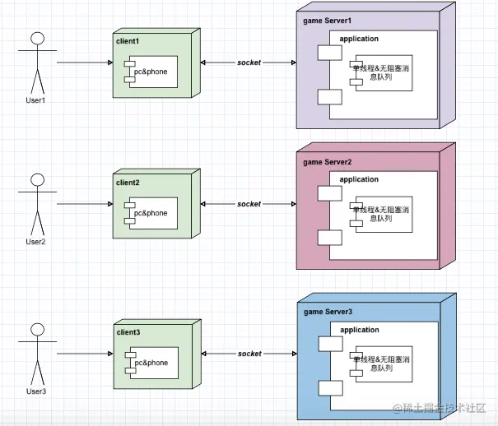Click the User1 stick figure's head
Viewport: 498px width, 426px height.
pos(35,38)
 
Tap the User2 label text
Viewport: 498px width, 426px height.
pos(35,241)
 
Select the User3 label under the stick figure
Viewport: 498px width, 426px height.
pos(35,391)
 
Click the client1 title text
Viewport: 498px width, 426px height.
pos(128,40)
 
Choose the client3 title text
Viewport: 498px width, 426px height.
pos(128,331)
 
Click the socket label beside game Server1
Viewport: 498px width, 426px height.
pos(249,63)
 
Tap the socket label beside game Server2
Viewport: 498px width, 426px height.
pos(249,203)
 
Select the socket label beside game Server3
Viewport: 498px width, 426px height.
pos(249,354)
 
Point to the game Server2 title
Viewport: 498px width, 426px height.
pos(328,162)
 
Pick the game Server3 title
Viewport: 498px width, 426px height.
pos(328,312)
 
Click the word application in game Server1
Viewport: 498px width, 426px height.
pos(359,38)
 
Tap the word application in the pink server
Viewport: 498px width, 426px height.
pos(359,179)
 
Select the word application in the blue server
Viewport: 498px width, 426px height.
pos(359,330)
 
